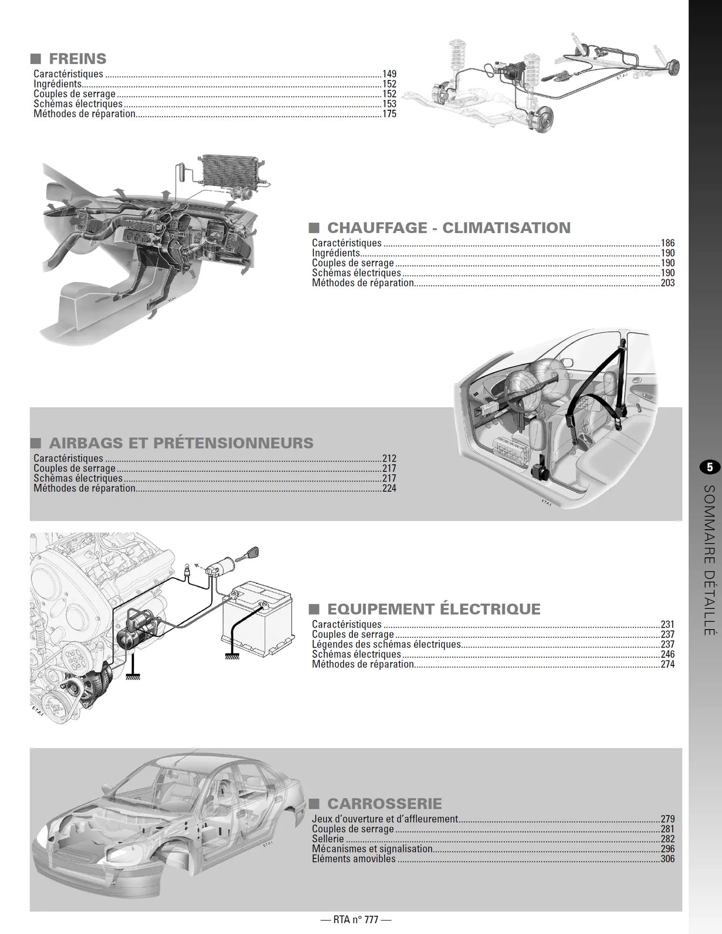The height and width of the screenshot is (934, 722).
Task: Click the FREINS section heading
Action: (x=77, y=58)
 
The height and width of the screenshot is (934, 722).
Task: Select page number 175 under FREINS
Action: (x=389, y=114)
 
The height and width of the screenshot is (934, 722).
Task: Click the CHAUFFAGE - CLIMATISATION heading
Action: (x=449, y=228)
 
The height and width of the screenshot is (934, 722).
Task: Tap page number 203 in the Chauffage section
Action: (x=667, y=283)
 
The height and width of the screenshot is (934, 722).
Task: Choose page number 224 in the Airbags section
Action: (x=389, y=489)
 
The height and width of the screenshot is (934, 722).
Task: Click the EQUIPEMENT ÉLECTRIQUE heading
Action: (x=433, y=609)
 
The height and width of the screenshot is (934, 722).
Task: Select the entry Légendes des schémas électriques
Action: (x=386, y=644)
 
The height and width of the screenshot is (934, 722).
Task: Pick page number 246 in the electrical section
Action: (x=667, y=654)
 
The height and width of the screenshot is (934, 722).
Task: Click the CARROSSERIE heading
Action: (x=384, y=804)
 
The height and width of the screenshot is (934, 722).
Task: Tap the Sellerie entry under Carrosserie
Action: (x=327, y=839)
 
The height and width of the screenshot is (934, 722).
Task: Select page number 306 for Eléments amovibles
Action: (x=667, y=859)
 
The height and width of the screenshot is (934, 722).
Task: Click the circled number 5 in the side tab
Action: (x=710, y=467)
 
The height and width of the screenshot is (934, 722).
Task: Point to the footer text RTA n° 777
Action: (x=356, y=919)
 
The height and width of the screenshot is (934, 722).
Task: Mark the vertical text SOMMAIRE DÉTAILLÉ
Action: (x=710, y=559)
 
